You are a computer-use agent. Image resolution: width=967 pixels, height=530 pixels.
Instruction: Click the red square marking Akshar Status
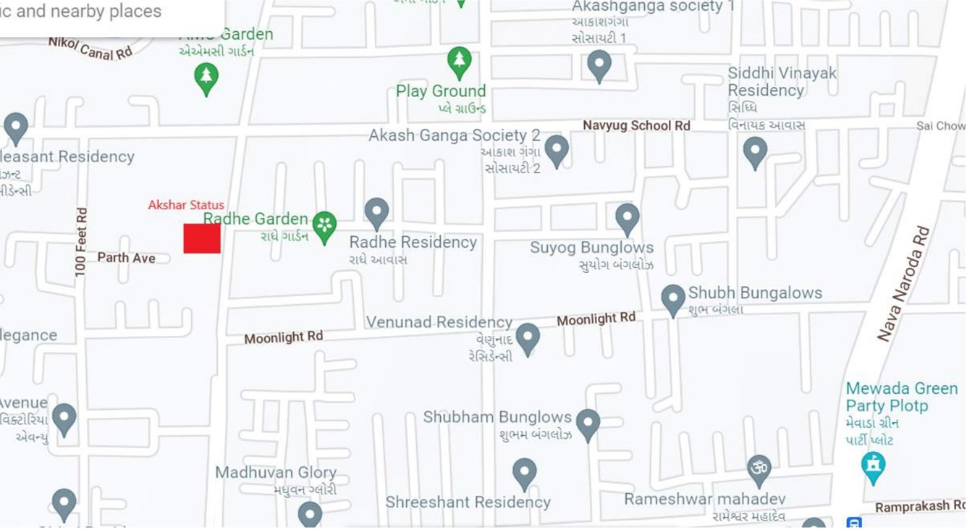coord(202,238)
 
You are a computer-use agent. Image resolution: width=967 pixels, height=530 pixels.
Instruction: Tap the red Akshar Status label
coord(186,205)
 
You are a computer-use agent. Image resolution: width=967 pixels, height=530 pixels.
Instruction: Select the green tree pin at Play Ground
coord(460,62)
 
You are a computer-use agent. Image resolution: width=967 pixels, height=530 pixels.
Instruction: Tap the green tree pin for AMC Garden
coord(207,77)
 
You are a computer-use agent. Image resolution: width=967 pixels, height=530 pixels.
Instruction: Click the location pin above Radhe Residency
coord(376,213)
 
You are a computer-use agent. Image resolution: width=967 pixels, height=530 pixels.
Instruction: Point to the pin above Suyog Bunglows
coord(627,219)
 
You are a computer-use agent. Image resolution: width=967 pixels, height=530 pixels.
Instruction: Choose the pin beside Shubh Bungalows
coord(673,299)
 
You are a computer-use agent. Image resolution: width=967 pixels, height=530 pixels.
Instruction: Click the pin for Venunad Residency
coord(527,338)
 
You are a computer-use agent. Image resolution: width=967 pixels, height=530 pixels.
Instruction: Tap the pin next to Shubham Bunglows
coord(588,424)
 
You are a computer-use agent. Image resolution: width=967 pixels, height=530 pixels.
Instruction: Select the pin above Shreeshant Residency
coord(524,474)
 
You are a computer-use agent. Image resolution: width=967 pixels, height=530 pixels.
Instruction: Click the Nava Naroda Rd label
coord(903,284)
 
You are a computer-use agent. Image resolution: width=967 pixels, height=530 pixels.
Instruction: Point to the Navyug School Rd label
coord(637,125)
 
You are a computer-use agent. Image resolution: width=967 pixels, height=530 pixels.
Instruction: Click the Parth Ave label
coord(127,258)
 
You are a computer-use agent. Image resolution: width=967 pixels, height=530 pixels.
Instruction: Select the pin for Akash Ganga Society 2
coord(556,151)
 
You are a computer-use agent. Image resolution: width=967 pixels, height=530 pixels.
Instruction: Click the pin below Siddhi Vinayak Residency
coord(755,153)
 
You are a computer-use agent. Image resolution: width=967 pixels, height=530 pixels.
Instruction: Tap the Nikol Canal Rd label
coord(90,49)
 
